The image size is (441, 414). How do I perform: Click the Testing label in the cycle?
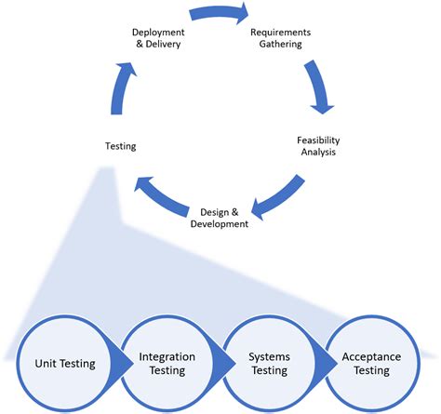coord(122,146)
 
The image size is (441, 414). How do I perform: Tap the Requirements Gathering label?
coord(281,37)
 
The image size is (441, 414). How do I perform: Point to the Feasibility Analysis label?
coord(314,145)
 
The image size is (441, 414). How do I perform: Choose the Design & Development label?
coord(220,217)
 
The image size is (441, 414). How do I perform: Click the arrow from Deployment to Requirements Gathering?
coord(220,13)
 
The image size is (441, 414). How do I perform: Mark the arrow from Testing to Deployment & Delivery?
coord(115,88)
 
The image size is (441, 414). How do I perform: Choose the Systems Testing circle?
coord(269,363)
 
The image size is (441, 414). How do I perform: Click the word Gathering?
coord(281,44)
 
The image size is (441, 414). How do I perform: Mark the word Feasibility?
coord(314,139)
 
